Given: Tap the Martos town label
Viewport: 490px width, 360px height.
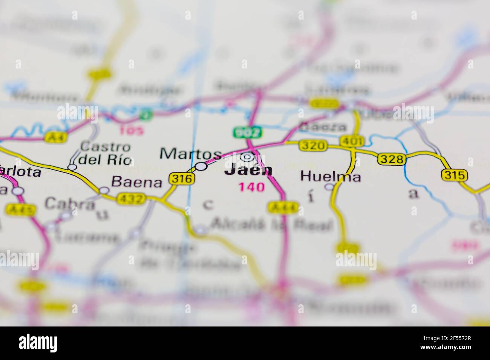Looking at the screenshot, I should [190, 154].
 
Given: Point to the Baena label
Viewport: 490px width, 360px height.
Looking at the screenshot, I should [137, 183].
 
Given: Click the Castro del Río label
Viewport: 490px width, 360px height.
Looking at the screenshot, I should [106, 153].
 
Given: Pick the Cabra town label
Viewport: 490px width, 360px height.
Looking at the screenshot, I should [70, 204].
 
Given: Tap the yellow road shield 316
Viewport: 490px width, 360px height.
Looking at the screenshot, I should [182, 178].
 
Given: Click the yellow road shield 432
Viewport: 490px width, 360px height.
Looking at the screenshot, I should [131, 198].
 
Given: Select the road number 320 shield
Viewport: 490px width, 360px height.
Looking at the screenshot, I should [313, 145].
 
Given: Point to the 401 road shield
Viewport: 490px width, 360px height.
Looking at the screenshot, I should [352, 141].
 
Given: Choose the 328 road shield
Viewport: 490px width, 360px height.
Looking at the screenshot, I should [392, 159].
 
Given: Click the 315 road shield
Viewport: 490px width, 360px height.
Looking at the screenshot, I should [455, 175].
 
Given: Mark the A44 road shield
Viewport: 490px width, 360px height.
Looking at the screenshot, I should [283, 206].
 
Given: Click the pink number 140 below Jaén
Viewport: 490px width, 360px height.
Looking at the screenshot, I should [251, 187].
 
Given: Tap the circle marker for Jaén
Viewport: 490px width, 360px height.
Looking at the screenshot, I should [247, 156].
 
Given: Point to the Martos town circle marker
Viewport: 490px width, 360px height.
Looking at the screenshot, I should [201, 166].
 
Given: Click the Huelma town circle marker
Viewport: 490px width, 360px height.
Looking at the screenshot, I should [329, 187].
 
